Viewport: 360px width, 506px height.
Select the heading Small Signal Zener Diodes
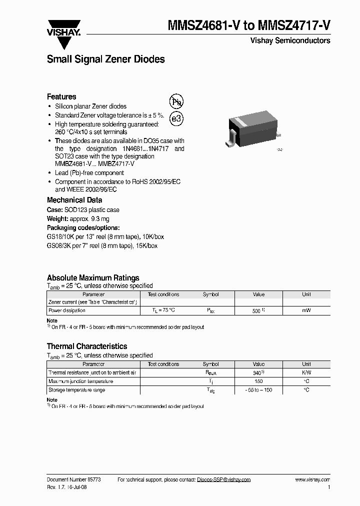pos(105,59)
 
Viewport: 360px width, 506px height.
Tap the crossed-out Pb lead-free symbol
pos(177,102)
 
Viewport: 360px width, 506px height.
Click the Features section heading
pos(61,96)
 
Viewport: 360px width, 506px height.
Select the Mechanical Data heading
pos(74,200)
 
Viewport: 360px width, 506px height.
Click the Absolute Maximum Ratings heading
pos(93,278)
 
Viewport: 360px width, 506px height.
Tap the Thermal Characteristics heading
pos(87,346)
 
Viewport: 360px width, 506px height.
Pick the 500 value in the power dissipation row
pos(256,310)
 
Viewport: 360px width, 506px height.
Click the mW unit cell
pos(306,310)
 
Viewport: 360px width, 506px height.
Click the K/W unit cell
pos(306,373)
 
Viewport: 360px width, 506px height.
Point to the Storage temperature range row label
pos(76,390)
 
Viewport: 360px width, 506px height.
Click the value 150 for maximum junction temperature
pos(258,381)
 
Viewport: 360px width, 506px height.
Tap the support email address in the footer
pos(223,479)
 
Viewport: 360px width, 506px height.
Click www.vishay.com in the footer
pos(312,479)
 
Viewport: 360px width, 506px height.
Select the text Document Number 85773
pos(74,479)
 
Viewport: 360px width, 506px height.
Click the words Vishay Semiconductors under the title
pos(290,40)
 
